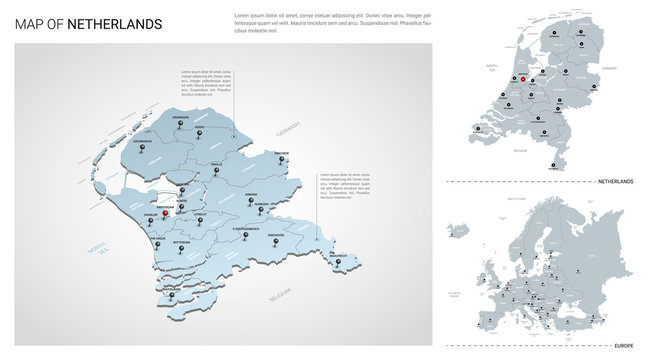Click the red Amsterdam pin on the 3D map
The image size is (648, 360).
(165, 211)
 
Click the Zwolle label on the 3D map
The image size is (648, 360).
(215, 163)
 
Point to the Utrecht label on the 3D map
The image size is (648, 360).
(200, 213)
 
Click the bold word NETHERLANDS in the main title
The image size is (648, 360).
(114, 24)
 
